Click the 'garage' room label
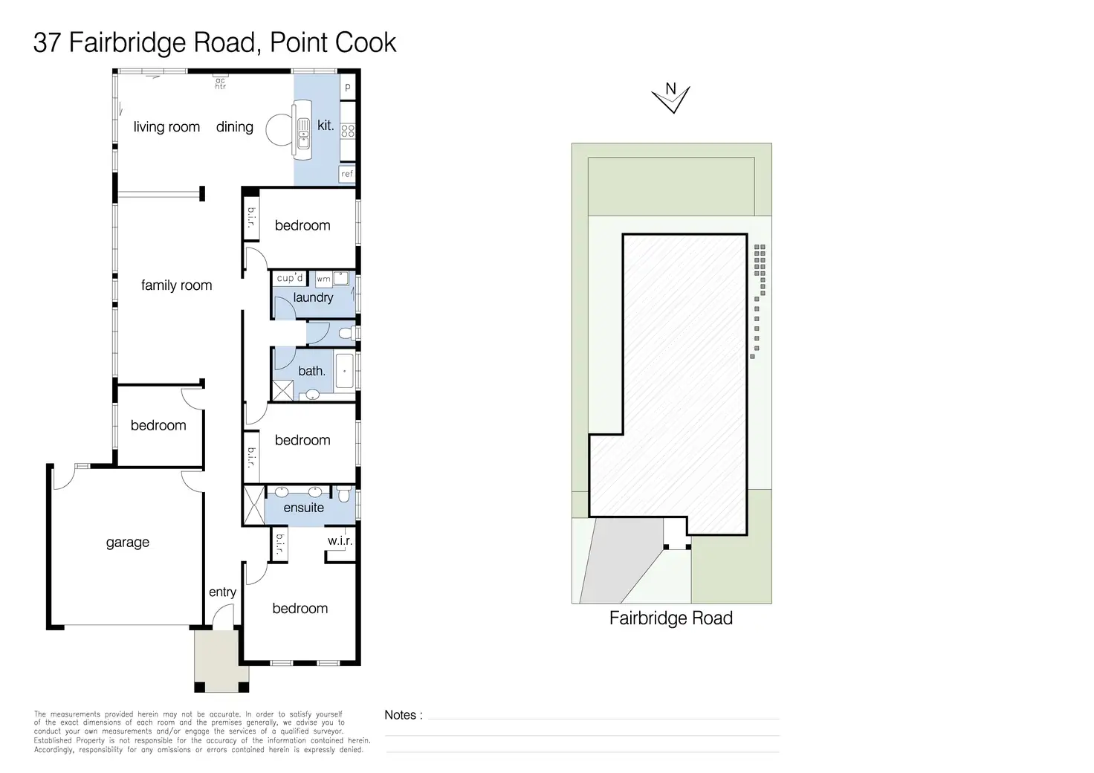pos(128,543)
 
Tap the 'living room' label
pos(166,127)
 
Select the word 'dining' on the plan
pos(235,127)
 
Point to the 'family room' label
pos(176,285)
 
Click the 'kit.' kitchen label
pos(326,126)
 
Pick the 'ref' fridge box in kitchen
pos(347,174)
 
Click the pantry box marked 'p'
pos(347,88)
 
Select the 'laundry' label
pos(313,297)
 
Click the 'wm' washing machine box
pos(324,279)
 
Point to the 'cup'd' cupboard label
pos(290,278)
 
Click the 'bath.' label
pos(311,371)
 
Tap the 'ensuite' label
pos(304,508)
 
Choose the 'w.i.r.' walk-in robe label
pos(340,540)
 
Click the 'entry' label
pos(222,592)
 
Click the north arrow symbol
pos(670,97)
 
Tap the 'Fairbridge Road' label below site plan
pos(670,618)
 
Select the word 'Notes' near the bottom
pos(400,715)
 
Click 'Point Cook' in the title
pos(333,42)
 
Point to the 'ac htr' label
pos(221,84)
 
